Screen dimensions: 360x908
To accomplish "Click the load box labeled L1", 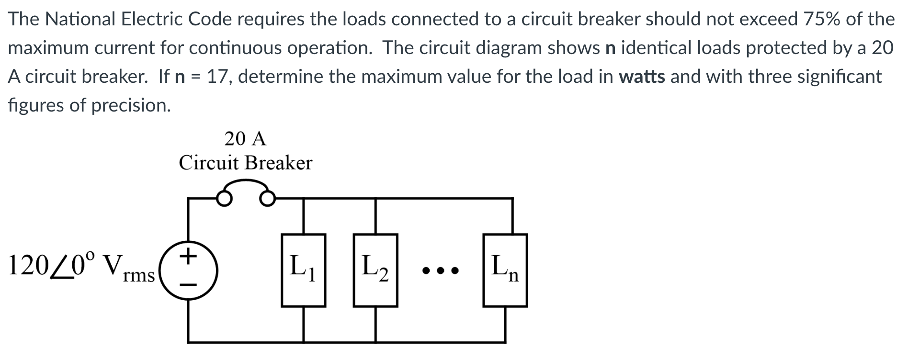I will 303,270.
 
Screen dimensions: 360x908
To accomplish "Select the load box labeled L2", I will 375,270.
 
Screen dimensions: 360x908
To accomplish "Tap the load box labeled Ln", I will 505,270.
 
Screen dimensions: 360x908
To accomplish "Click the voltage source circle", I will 188,270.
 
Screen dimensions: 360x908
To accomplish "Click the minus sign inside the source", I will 189,284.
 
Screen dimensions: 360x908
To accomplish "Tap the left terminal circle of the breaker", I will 224,198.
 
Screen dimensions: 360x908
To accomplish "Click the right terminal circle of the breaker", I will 268,198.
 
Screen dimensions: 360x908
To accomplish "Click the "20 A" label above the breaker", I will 245,139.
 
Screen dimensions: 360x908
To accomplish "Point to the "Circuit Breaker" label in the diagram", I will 245,163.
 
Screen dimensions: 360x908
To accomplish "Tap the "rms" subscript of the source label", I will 138,277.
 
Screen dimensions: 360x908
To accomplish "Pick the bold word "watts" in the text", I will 642,77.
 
